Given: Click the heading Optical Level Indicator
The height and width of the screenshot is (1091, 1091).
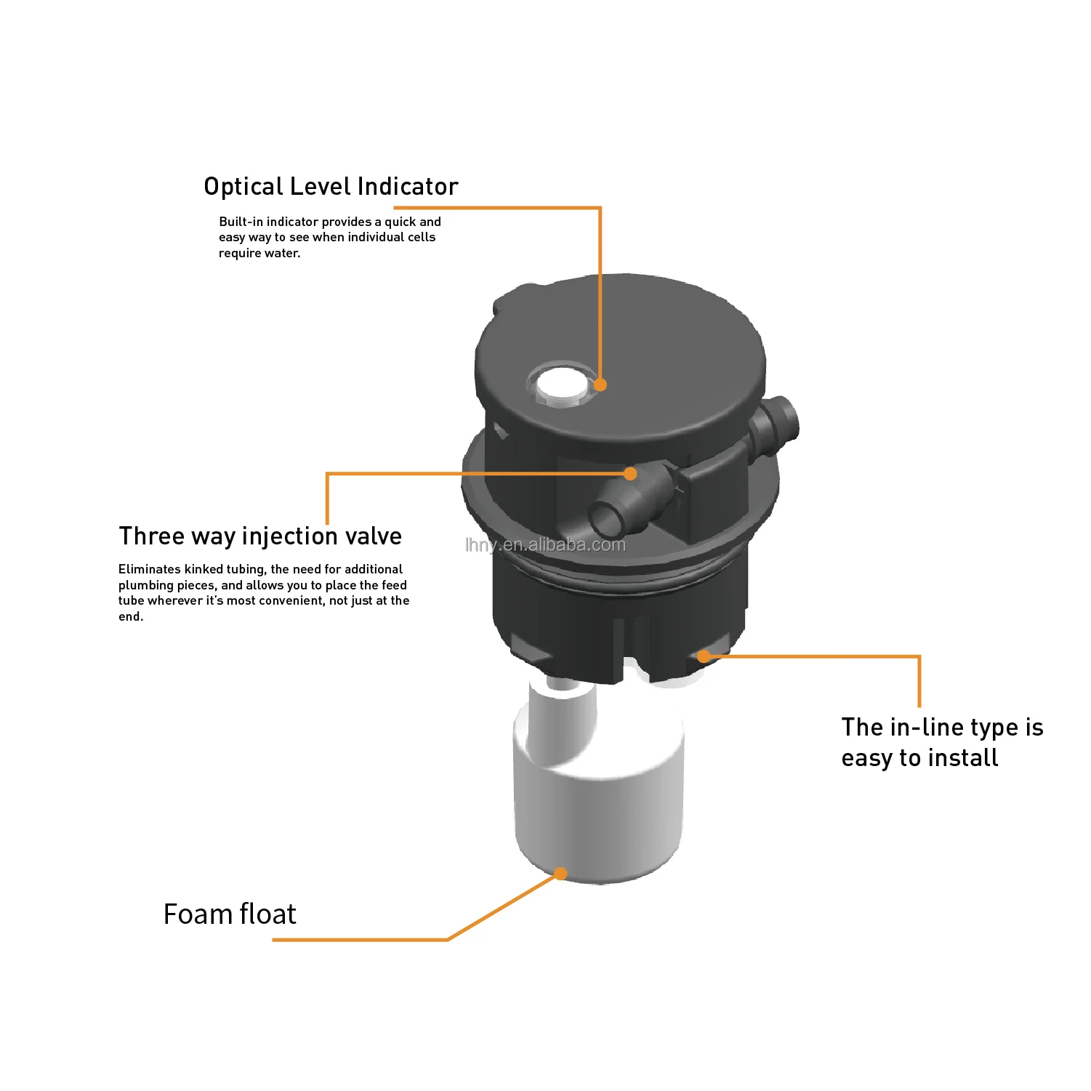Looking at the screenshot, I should click(x=331, y=187).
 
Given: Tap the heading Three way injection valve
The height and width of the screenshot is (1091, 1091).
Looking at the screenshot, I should click(x=260, y=536).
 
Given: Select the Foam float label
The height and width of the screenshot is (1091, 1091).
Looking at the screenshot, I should click(x=230, y=914).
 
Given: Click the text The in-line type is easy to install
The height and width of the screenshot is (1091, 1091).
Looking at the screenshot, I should click(x=942, y=742).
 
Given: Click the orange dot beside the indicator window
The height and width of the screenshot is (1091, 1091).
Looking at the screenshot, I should click(x=600, y=385).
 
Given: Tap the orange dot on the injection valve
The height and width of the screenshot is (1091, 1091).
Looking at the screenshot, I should click(x=630, y=474).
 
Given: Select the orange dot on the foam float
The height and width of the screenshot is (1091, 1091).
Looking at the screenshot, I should click(x=560, y=873).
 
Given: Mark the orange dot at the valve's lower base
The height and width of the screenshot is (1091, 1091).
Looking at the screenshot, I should click(x=704, y=656).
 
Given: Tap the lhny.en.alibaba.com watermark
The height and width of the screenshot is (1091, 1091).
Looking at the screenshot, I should click(x=545, y=545).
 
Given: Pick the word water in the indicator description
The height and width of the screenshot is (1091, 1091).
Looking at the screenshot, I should click(x=284, y=254).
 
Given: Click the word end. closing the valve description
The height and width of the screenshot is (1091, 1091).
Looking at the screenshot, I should click(x=131, y=617).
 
